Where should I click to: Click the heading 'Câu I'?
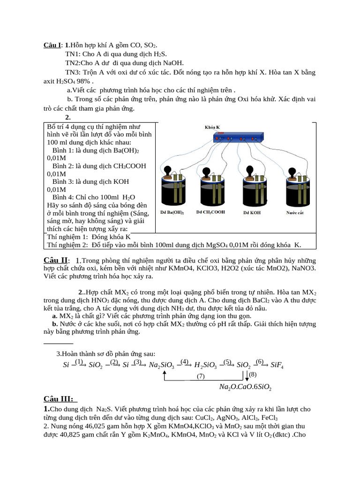52,45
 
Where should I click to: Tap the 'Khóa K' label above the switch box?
212,127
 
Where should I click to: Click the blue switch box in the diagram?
237,137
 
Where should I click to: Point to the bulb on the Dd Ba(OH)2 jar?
168,170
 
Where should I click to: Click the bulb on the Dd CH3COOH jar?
207,170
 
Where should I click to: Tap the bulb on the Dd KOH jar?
249,170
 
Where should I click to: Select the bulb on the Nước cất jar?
290,170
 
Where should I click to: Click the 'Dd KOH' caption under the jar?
252,212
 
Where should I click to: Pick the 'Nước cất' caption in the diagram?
295,212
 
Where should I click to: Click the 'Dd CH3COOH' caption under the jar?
210,212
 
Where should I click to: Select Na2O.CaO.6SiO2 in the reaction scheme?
245,387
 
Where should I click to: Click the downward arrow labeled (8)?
247,375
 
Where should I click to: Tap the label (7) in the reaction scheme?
201,376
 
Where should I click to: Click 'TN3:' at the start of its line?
74,72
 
